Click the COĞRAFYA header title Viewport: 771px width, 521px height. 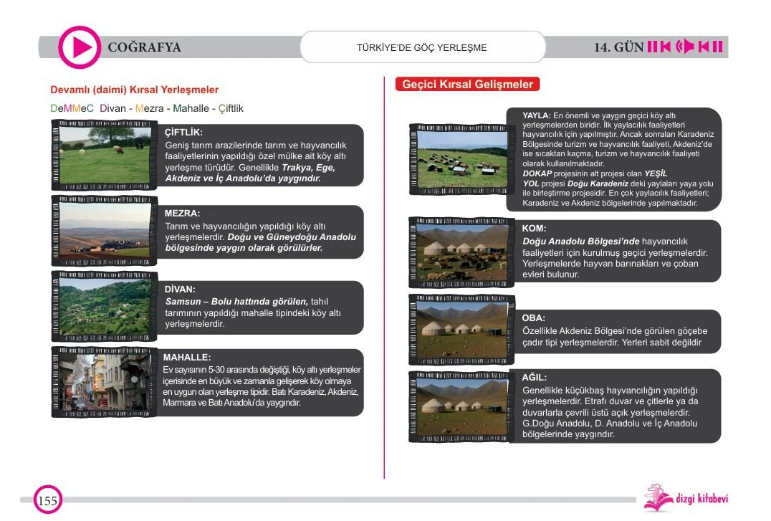144,48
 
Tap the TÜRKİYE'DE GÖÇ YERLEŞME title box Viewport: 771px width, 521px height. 421,48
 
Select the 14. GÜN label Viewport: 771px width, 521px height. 618,48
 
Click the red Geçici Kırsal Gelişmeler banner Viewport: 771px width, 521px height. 467,85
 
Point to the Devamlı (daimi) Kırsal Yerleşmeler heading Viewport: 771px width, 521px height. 134,90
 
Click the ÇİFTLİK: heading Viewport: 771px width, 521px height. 183,133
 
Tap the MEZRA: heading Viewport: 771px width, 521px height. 182,214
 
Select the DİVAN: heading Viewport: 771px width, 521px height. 180,290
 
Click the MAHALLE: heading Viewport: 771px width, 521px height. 187,357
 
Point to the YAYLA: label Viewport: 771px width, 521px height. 536,115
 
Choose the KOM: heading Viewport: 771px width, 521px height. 535,229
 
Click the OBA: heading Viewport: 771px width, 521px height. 534,317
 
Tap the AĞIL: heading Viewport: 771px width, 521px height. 535,377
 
